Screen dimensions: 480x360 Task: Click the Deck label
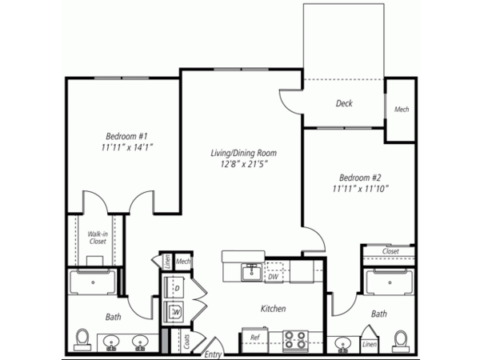[344, 103]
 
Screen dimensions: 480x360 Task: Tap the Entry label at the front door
[213, 354]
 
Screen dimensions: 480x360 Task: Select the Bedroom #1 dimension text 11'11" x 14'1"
[127, 147]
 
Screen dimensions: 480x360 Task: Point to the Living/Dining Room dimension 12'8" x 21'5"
[244, 164]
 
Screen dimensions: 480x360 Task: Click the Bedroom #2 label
[360, 178]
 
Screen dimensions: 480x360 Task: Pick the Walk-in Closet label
[98, 238]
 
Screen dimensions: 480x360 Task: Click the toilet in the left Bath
[82, 340]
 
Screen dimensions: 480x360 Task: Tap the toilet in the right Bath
[401, 342]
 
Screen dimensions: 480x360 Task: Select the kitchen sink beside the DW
[252, 272]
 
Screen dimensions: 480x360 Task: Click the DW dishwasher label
[273, 277]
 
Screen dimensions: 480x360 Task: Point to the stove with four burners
[295, 340]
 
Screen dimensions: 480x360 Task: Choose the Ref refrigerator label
[254, 338]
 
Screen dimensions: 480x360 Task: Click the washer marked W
[174, 312]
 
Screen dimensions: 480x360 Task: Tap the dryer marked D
[174, 288]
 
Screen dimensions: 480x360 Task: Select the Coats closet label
[186, 342]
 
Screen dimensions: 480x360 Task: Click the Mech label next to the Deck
[402, 110]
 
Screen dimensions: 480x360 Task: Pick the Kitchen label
[273, 309]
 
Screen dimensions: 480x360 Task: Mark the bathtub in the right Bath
[389, 282]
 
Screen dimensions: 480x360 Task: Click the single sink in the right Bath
[343, 343]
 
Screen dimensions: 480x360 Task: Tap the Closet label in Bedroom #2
[390, 251]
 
